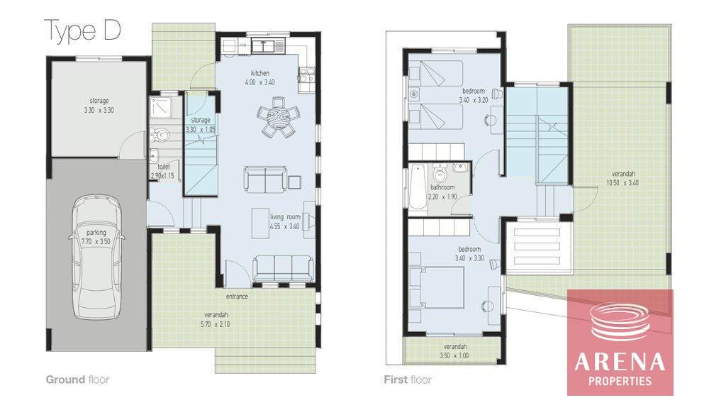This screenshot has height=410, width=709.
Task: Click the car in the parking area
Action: click(96, 259)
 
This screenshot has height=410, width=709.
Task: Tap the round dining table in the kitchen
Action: click(277, 117)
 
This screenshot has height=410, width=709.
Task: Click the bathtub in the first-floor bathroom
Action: click(418, 187)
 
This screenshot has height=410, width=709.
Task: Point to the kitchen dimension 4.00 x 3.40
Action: click(259, 82)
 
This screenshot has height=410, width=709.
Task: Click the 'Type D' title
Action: click(83, 31)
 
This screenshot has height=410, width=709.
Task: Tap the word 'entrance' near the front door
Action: click(237, 297)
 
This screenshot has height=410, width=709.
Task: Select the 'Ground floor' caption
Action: click(77, 379)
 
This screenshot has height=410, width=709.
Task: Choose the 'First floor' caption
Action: click(408, 379)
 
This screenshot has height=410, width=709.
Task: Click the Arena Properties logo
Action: click(620, 342)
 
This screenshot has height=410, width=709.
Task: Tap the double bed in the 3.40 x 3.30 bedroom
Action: click(437, 288)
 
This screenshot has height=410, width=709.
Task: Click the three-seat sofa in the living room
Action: click(283, 268)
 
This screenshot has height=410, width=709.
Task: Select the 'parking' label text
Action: click(96, 233)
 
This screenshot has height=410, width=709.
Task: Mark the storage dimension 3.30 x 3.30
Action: click(99, 111)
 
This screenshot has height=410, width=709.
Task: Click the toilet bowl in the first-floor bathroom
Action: click(439, 172)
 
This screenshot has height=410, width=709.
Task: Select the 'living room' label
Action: click(285, 217)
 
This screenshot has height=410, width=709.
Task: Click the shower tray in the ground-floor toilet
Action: click(160, 107)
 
